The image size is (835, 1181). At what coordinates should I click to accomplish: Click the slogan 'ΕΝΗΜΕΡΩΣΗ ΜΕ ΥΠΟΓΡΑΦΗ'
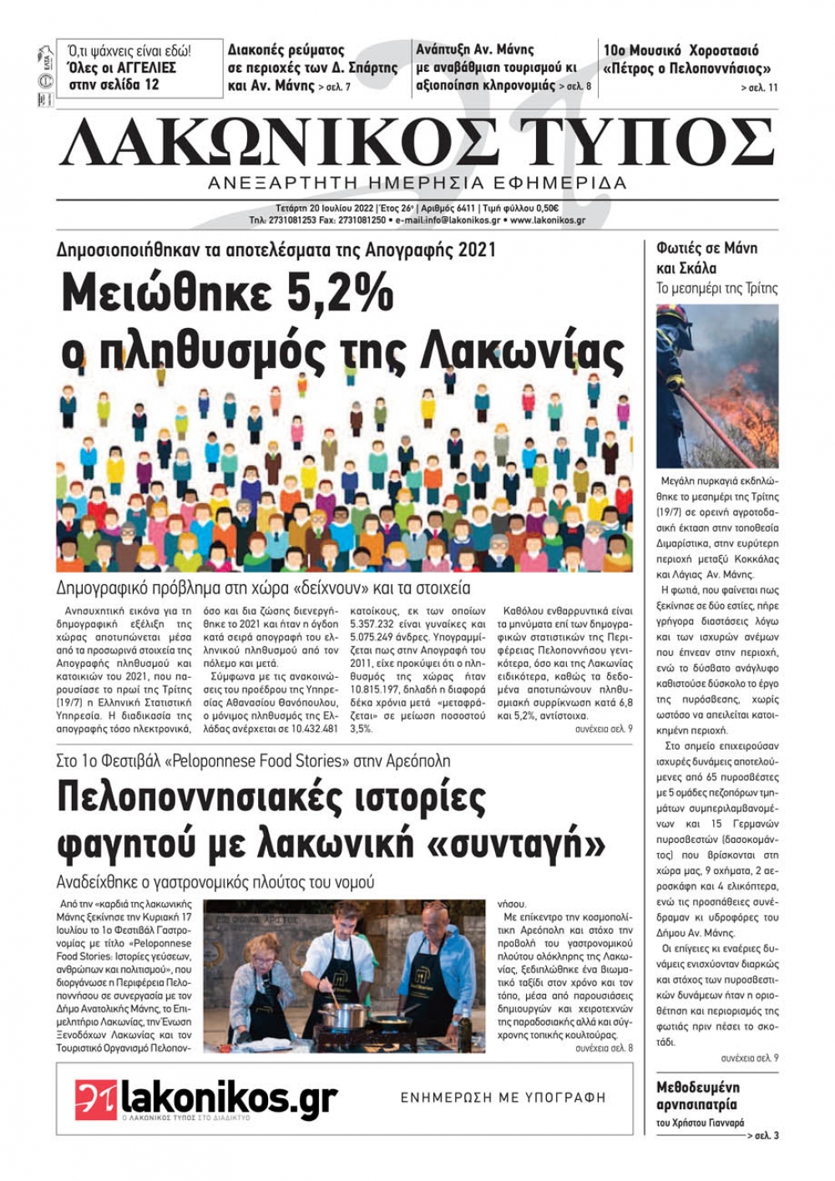(x=503, y=1098)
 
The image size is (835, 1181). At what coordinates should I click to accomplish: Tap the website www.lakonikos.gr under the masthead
(x=547, y=220)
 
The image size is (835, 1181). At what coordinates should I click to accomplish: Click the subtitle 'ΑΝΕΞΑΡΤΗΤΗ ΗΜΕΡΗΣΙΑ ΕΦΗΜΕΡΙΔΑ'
(x=417, y=183)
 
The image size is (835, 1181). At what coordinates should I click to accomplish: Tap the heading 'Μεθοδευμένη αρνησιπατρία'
(x=697, y=1096)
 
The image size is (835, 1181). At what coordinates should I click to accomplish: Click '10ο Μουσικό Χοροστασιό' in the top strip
(x=681, y=50)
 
